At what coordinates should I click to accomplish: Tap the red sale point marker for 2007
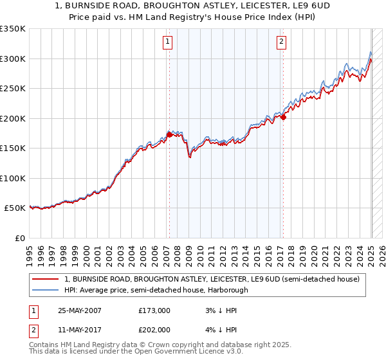169,134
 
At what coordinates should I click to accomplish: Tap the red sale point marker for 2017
283,117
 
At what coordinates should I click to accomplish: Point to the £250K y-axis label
13,89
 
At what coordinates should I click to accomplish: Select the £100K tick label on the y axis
13,178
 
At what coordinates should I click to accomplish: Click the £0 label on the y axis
19,238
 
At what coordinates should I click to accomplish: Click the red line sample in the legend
46,279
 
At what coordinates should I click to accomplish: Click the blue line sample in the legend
46,290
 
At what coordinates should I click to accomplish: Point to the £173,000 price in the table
154,310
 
